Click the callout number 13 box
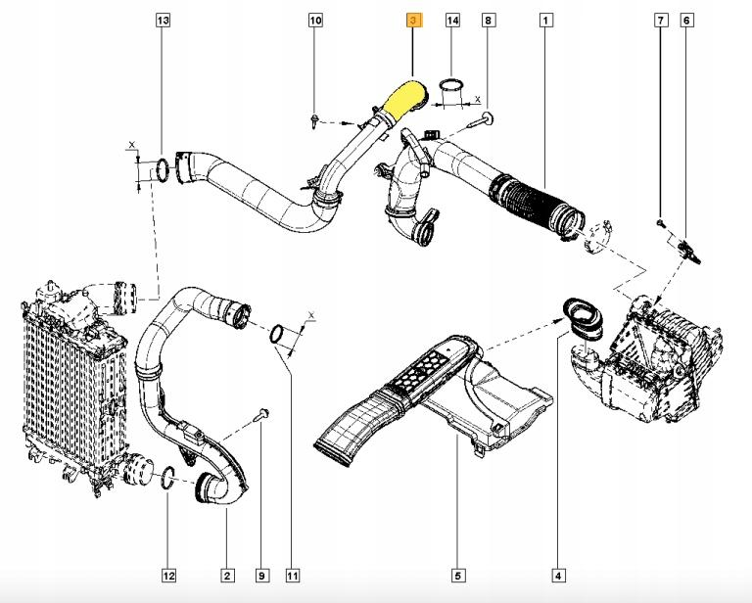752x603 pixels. (163, 20)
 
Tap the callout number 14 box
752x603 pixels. (452, 20)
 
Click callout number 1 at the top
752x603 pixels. (544, 20)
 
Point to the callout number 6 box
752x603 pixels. (687, 20)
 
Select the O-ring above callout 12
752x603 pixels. (167, 479)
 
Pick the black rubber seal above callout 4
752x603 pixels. (582, 315)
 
